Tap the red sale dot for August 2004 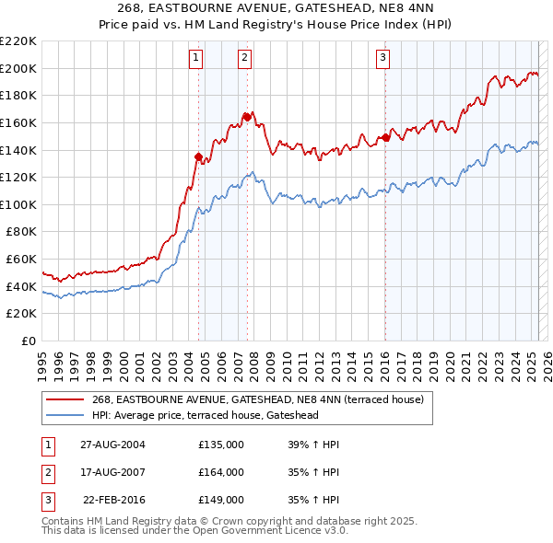(198, 156)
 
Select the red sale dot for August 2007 (247, 116)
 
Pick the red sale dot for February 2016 (385, 137)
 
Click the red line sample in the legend (65, 399)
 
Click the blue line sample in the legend (65, 415)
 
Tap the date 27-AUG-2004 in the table (113, 445)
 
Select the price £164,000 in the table (221, 472)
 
